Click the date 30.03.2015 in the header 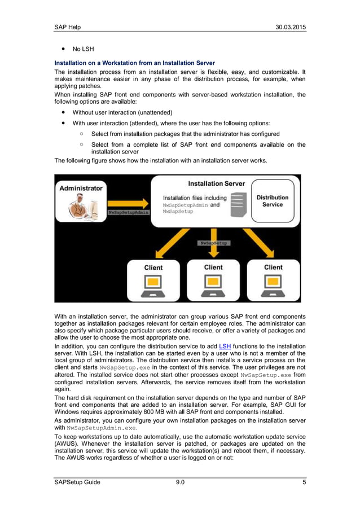pyautogui.click(x=291, y=27)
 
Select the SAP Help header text pyautogui.click(x=67, y=27)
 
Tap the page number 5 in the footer pyautogui.click(x=304, y=482)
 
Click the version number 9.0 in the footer pyautogui.click(x=179, y=482)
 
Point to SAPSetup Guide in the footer pyautogui.click(x=77, y=482)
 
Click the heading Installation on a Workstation pyautogui.click(x=134, y=63)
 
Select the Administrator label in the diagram pyautogui.click(x=81, y=188)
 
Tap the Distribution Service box pyautogui.click(x=273, y=201)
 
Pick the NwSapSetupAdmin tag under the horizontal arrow pyautogui.click(x=129, y=212)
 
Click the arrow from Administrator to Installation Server pyautogui.click(x=128, y=203)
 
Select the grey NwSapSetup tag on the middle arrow pyautogui.click(x=213, y=243)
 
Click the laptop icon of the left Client pyautogui.click(x=153, y=286)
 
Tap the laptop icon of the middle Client pyautogui.click(x=213, y=286)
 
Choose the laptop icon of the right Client pyautogui.click(x=274, y=286)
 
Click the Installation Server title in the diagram pyautogui.click(x=216, y=183)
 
